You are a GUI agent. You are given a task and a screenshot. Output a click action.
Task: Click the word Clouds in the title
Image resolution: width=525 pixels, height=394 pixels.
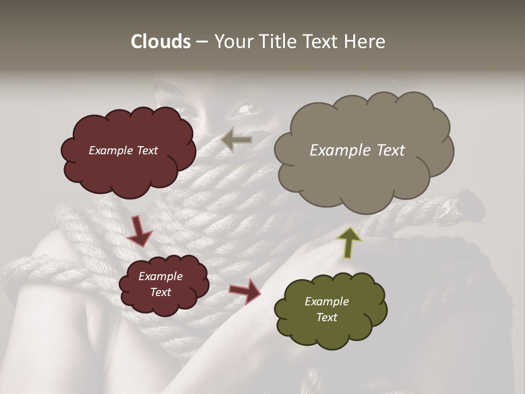161,42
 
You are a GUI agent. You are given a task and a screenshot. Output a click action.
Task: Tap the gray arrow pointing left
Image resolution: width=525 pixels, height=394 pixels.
237,140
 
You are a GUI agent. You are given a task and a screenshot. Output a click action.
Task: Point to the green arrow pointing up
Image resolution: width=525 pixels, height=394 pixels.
349,241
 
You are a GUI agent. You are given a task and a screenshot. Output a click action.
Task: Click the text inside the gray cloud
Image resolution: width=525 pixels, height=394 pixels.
357,150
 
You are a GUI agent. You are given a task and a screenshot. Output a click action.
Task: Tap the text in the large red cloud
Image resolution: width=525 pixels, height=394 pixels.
123,150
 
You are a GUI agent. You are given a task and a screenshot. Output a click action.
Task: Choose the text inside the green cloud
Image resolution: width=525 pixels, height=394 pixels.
326,309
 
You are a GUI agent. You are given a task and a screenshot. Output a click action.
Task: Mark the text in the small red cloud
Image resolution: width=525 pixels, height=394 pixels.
160,284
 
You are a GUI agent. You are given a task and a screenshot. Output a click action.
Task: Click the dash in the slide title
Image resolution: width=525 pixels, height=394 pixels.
202,42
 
